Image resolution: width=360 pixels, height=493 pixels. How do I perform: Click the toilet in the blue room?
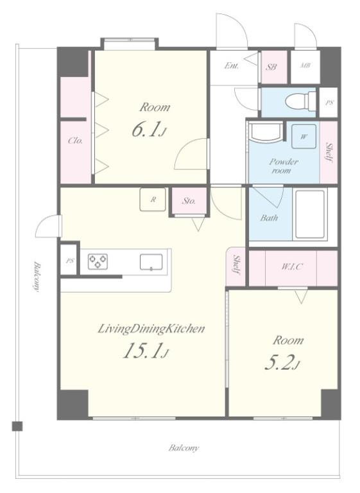point(300,101)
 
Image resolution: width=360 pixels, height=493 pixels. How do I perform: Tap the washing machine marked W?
point(304,137)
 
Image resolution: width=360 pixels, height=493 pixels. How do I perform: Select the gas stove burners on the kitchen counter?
point(98,261)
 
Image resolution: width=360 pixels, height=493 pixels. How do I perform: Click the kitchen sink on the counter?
point(151,262)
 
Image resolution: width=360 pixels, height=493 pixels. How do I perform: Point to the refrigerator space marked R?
point(153,200)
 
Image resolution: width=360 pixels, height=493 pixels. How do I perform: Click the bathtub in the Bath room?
point(310,214)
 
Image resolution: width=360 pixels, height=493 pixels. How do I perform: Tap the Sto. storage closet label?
point(189,200)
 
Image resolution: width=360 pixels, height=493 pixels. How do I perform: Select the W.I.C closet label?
point(292,267)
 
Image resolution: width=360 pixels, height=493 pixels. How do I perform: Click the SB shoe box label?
point(272,67)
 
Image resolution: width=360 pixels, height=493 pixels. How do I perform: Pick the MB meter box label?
point(305,65)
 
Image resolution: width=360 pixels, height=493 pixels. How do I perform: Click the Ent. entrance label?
point(231,65)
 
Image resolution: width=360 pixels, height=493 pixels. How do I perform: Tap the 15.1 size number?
point(146,350)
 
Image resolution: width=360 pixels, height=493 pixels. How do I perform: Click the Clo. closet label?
point(76,141)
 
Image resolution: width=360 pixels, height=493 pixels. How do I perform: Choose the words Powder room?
point(283,166)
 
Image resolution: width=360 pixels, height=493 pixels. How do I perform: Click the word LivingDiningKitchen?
point(151,329)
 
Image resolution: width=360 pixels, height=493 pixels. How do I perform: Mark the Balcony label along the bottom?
point(184,447)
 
